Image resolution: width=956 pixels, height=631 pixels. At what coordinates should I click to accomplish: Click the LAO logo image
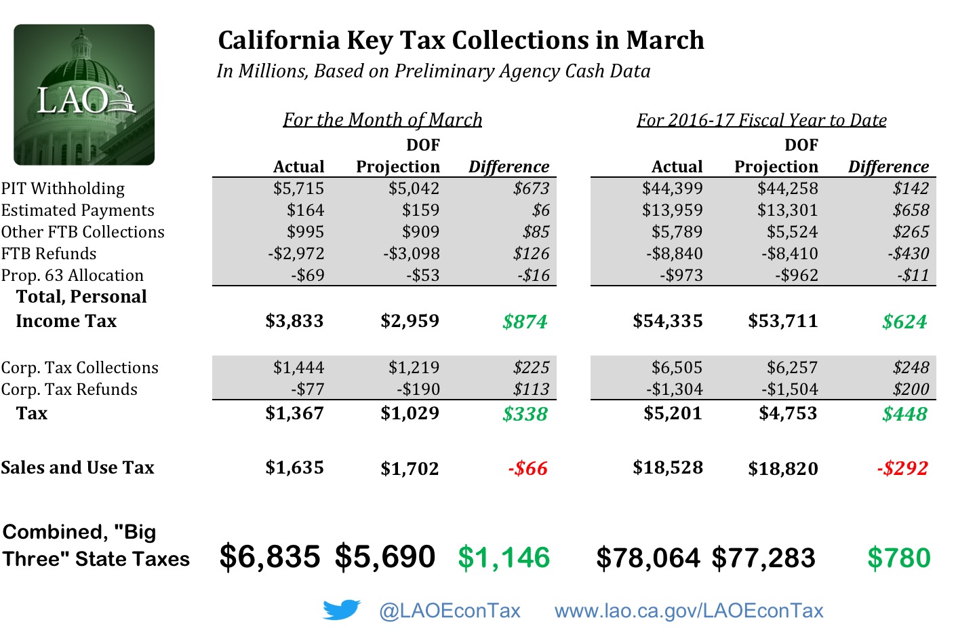84,95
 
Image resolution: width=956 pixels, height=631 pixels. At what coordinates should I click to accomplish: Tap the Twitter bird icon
342,610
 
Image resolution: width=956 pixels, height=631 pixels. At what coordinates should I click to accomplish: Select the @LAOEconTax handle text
450,611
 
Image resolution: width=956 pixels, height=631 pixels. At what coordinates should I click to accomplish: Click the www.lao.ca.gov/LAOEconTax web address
689,611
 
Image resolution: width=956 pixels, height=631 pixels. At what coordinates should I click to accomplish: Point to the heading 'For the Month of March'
382,120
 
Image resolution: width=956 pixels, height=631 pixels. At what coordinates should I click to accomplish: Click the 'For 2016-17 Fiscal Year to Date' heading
761,120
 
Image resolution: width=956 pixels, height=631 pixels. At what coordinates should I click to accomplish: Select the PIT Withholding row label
63,189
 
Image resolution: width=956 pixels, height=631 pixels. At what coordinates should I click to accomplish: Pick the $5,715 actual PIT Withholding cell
298,189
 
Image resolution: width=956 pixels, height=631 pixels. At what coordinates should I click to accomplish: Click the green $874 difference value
525,322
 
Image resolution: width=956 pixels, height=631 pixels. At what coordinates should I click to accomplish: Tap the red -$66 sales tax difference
527,468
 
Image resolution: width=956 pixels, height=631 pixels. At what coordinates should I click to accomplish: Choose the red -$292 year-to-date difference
902,468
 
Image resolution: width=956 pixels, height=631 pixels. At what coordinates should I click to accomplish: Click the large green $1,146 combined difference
504,558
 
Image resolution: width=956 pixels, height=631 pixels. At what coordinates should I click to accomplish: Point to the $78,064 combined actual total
648,558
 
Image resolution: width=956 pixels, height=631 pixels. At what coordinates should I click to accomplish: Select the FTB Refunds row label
49,254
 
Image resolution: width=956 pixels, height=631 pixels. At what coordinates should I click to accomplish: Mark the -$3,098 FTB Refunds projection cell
411,254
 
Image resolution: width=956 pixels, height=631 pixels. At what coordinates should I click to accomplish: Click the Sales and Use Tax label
77,467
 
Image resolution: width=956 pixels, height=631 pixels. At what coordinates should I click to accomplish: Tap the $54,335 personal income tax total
667,321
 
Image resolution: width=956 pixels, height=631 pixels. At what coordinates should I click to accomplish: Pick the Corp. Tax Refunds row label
69,389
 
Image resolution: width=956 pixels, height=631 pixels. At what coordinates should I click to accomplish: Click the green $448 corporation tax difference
904,414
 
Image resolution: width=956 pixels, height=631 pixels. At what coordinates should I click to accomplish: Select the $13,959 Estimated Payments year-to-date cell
672,210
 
